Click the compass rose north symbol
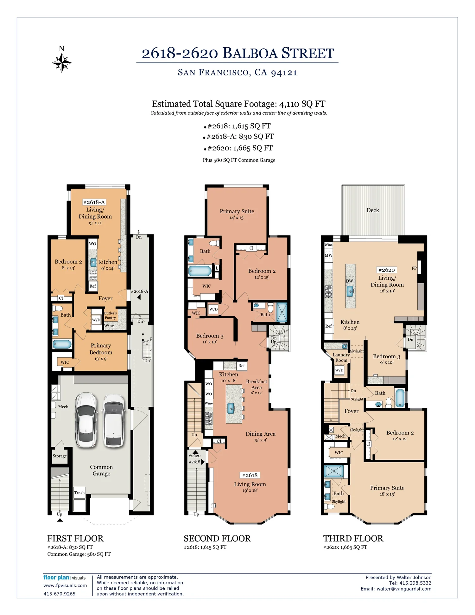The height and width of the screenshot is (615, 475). click(62, 62)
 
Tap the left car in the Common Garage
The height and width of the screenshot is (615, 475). click(86, 420)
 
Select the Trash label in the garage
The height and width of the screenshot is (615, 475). click(79, 493)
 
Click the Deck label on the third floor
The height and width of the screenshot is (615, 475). click(373, 210)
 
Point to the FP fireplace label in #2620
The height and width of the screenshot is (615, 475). click(414, 268)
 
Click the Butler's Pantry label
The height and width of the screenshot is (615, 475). click(110, 315)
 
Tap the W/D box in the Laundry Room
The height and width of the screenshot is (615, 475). click(339, 370)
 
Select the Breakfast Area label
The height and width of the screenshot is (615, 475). click(256, 384)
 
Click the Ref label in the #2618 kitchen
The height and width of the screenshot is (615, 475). click(241, 365)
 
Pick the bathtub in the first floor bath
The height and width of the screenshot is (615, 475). click(62, 344)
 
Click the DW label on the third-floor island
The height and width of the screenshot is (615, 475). click(349, 281)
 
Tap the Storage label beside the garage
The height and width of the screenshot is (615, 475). click(60, 456)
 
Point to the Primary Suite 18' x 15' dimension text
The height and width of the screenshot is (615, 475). click(387, 494)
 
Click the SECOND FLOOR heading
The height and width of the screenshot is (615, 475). click(217, 538)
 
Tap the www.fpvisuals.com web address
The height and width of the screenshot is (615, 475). click(65, 585)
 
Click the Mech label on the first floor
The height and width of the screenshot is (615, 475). click(63, 407)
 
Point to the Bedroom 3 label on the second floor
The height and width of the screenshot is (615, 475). click(210, 336)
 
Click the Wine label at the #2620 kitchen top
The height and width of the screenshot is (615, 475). click(328, 245)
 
